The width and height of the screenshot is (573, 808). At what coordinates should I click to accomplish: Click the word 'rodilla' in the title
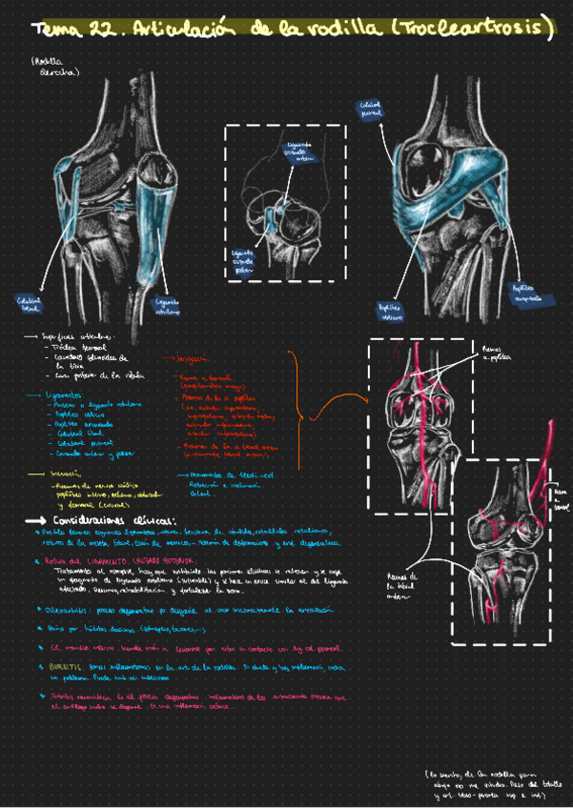click(344, 29)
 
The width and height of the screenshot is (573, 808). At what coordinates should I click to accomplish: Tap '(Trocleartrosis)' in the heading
click(471, 29)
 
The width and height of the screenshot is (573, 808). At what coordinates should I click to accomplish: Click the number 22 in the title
click(102, 30)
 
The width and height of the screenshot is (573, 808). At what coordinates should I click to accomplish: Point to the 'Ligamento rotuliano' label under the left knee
click(169, 305)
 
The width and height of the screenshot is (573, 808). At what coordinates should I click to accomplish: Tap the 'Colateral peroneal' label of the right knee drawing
click(370, 111)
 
